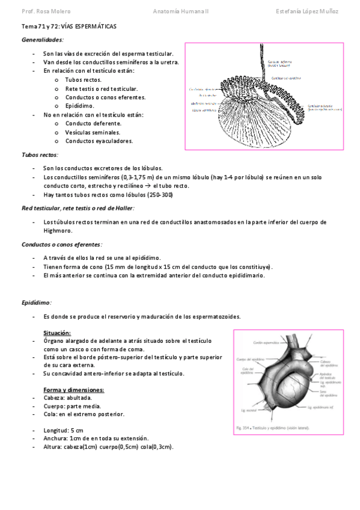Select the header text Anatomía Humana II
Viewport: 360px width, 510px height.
click(180, 11)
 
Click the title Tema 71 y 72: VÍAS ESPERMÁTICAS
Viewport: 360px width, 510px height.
click(69, 28)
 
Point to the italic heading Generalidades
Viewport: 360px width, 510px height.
click(42, 40)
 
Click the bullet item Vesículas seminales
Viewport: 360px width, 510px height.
click(93, 132)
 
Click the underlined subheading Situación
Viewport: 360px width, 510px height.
click(57, 333)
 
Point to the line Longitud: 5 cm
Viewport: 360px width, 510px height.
click(63, 430)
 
